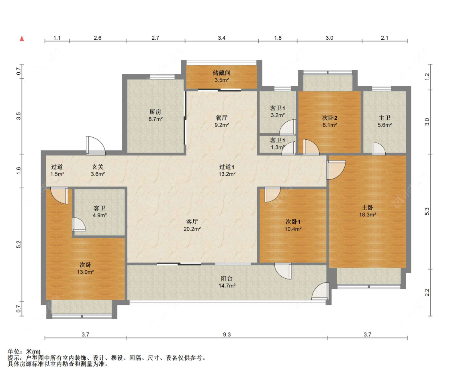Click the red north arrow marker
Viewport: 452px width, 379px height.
(x=22, y=39)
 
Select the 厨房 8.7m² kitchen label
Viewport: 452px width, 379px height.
(x=155, y=116)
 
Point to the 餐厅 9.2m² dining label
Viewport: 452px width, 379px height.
(x=221, y=121)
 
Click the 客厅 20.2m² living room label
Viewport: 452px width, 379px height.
(x=192, y=225)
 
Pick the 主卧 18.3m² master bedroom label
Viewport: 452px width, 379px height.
(x=368, y=211)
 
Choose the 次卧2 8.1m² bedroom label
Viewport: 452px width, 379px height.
(x=329, y=122)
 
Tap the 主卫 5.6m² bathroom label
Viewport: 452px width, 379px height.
(x=385, y=122)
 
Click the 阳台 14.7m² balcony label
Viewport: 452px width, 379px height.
(x=227, y=282)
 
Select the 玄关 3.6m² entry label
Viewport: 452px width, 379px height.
(x=98, y=170)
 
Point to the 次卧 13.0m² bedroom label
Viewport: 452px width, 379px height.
(x=85, y=269)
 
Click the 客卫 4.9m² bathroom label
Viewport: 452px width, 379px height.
(x=100, y=212)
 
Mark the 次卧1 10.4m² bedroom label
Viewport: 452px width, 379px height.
(x=293, y=225)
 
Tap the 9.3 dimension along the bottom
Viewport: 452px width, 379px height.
(x=227, y=334)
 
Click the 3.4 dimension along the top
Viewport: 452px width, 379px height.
(x=221, y=38)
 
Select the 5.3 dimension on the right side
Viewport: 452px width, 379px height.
(x=427, y=212)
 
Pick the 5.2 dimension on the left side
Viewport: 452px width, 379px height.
(x=19, y=245)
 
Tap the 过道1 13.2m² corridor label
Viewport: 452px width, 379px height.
(x=227, y=170)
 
